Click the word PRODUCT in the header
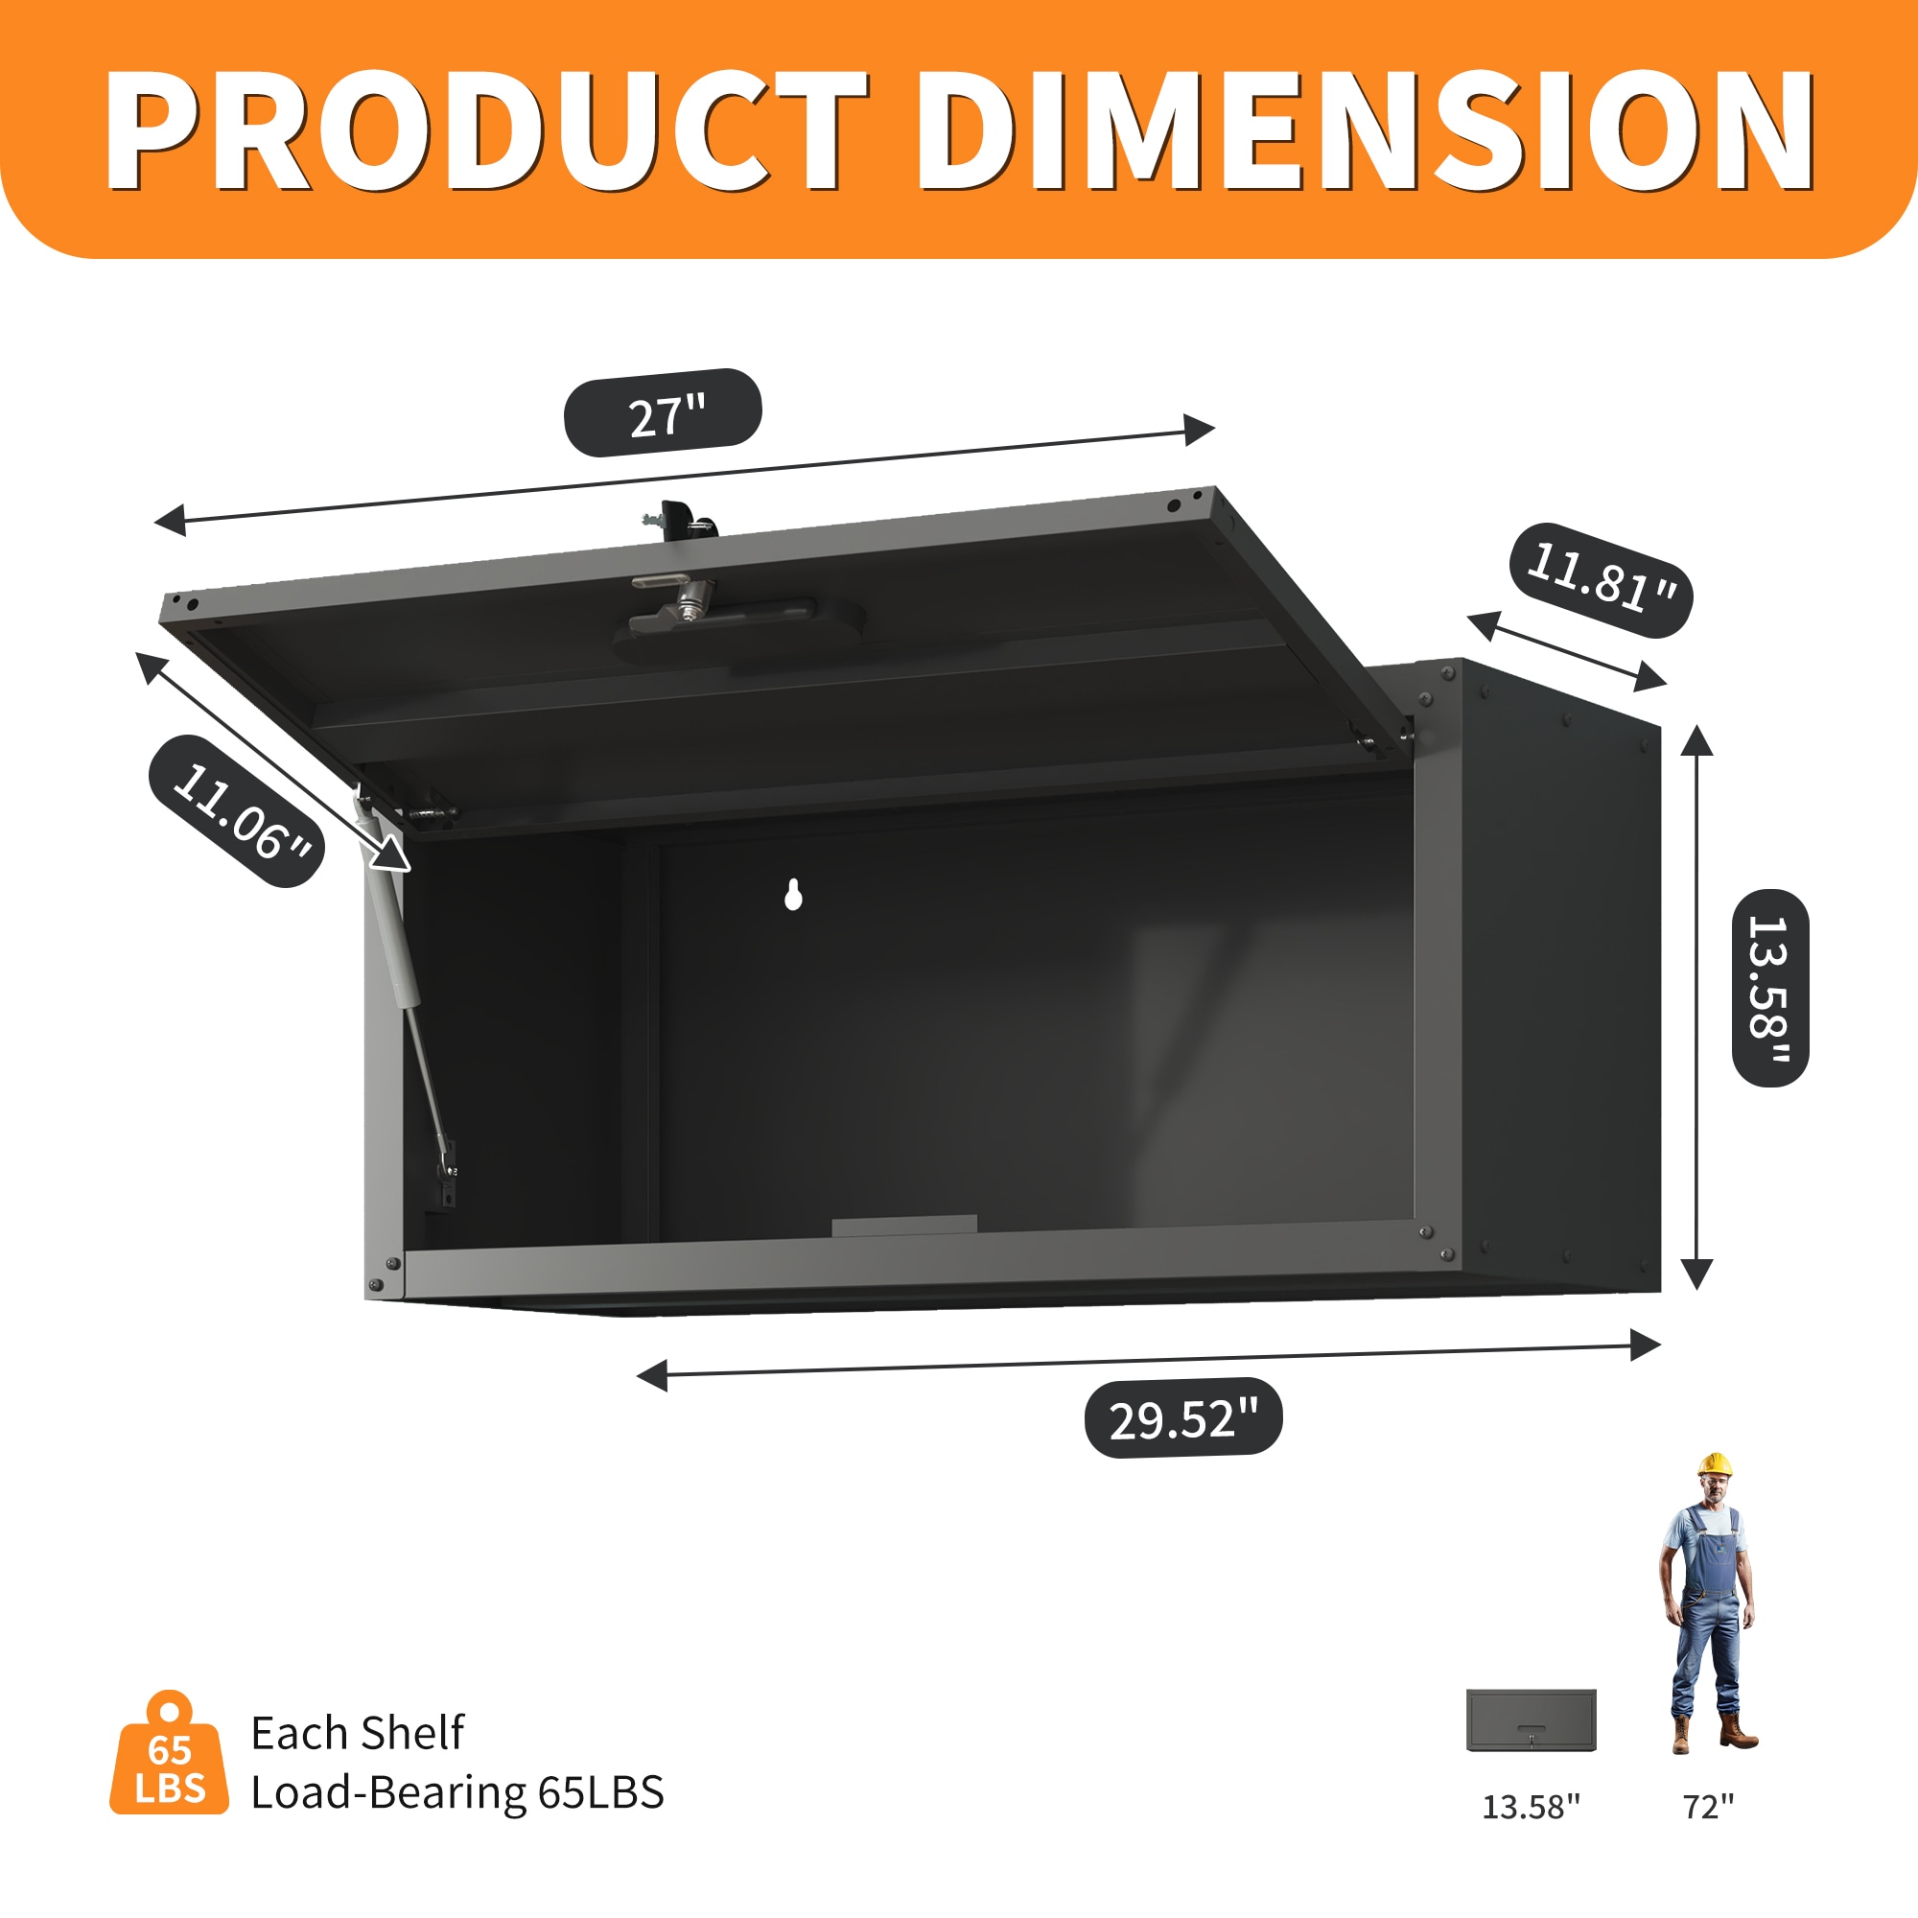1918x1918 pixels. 486,131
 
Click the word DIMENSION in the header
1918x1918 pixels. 1365,131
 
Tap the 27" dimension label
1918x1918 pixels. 664,413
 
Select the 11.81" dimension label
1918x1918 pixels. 1601,580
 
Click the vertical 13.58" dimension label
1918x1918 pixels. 1770,988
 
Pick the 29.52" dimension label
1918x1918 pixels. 1183,1417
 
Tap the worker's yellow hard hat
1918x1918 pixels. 1714,1464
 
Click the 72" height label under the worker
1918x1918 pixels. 1709,1807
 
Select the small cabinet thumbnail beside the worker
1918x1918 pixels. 1531,1720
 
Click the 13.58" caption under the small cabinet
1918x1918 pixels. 1531,1807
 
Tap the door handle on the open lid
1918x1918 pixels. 739,625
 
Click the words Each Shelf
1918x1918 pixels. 358,1733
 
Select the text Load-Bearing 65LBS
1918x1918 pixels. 456,1793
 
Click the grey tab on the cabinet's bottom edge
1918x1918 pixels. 904,1225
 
